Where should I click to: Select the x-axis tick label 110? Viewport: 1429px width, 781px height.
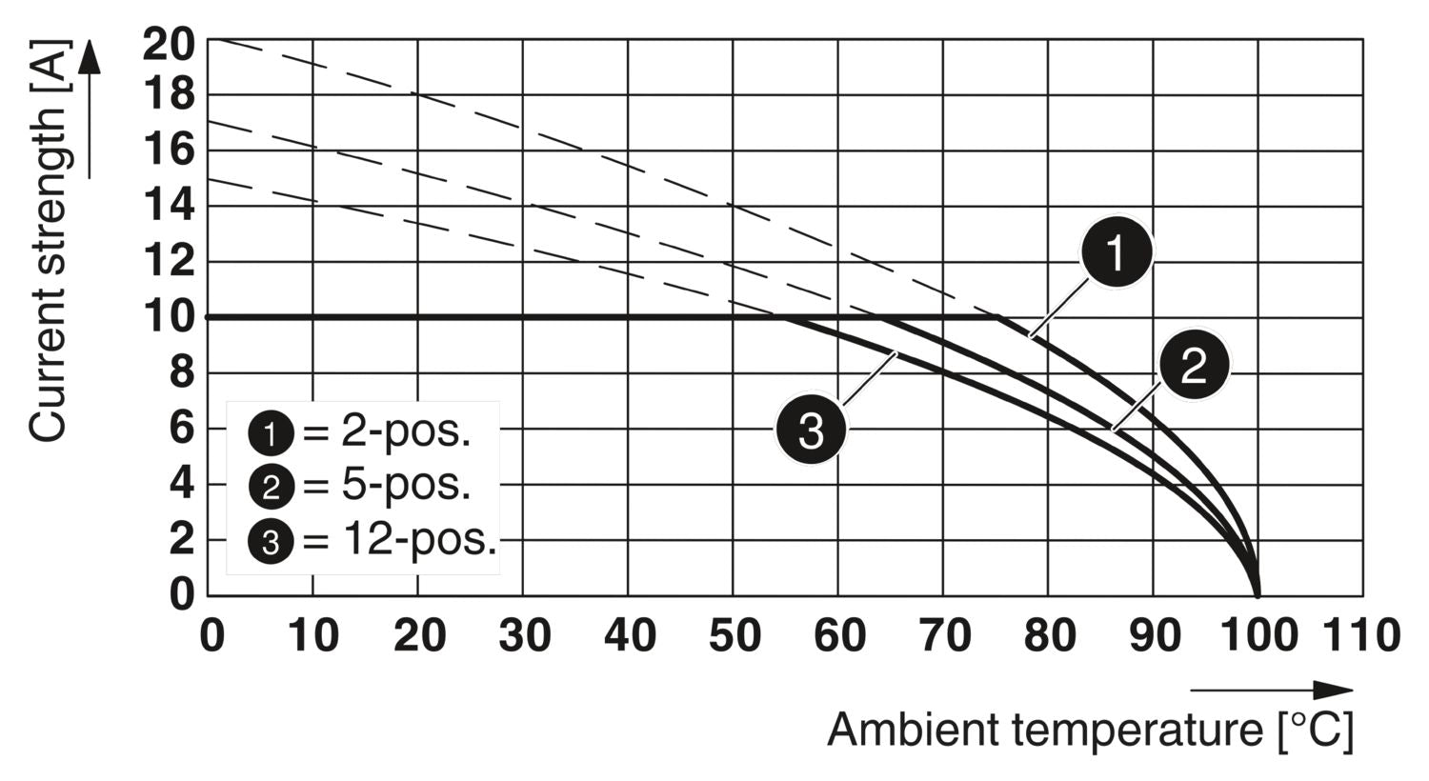pyautogui.click(x=1361, y=635)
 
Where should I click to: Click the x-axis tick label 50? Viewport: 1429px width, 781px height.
pyautogui.click(x=735, y=635)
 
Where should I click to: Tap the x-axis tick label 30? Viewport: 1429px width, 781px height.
pyautogui.click(x=524, y=635)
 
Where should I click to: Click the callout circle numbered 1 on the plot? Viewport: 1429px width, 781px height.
pyautogui.click(x=1116, y=252)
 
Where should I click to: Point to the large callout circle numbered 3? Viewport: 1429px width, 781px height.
pyautogui.click(x=811, y=431)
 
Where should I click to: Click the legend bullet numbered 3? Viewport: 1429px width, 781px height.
pyautogui.click(x=271, y=542)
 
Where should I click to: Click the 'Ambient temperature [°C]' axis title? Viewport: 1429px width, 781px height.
pyautogui.click(x=1090, y=731)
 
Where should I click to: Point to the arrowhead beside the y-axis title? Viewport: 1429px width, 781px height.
pyautogui.click(x=89, y=57)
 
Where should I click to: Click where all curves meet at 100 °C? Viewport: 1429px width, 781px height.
pyautogui.click(x=1258, y=594)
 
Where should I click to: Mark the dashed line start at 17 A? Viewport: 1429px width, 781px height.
pyautogui.click(x=209, y=122)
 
